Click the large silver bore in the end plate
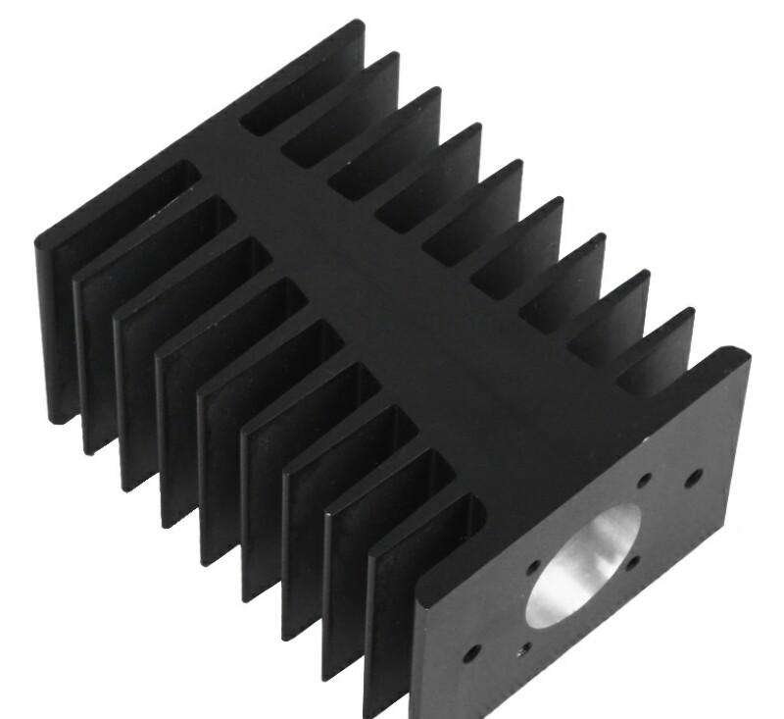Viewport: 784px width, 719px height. [x=580, y=567]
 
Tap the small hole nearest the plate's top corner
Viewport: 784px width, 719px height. [x=694, y=477]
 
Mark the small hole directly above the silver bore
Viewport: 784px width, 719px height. [x=644, y=481]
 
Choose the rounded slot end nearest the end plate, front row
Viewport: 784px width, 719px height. [x=470, y=510]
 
